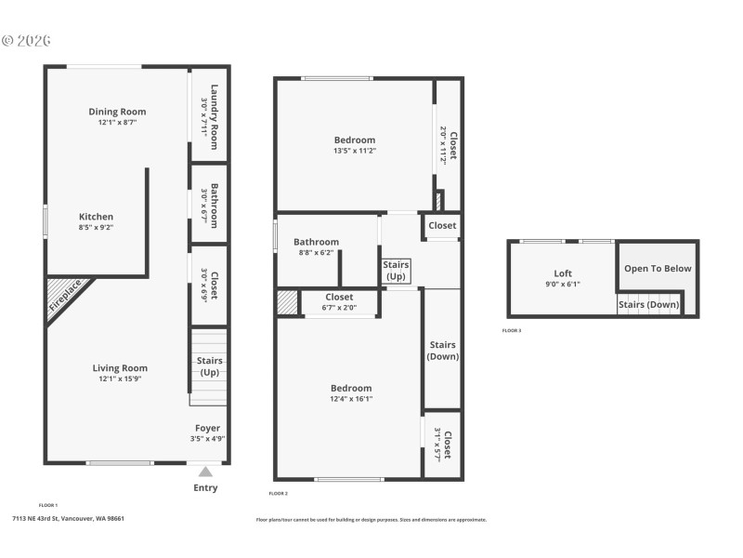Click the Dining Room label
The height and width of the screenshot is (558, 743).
(117, 112)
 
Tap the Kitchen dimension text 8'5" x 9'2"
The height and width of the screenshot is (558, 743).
(97, 227)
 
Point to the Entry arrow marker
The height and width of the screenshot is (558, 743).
(205, 472)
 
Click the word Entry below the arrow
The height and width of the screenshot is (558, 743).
(205, 488)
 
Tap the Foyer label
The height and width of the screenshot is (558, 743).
(207, 428)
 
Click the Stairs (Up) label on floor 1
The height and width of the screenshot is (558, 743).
(208, 365)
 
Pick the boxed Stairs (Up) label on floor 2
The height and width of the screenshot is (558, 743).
(397, 271)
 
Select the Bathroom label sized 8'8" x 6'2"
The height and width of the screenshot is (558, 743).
(316, 242)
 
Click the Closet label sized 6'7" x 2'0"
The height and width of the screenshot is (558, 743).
(339, 298)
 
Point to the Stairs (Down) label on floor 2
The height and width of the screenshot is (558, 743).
(442, 351)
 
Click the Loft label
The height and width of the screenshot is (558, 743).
(563, 273)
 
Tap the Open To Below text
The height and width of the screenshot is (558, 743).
(658, 269)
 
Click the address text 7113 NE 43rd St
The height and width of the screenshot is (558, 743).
(68, 519)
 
